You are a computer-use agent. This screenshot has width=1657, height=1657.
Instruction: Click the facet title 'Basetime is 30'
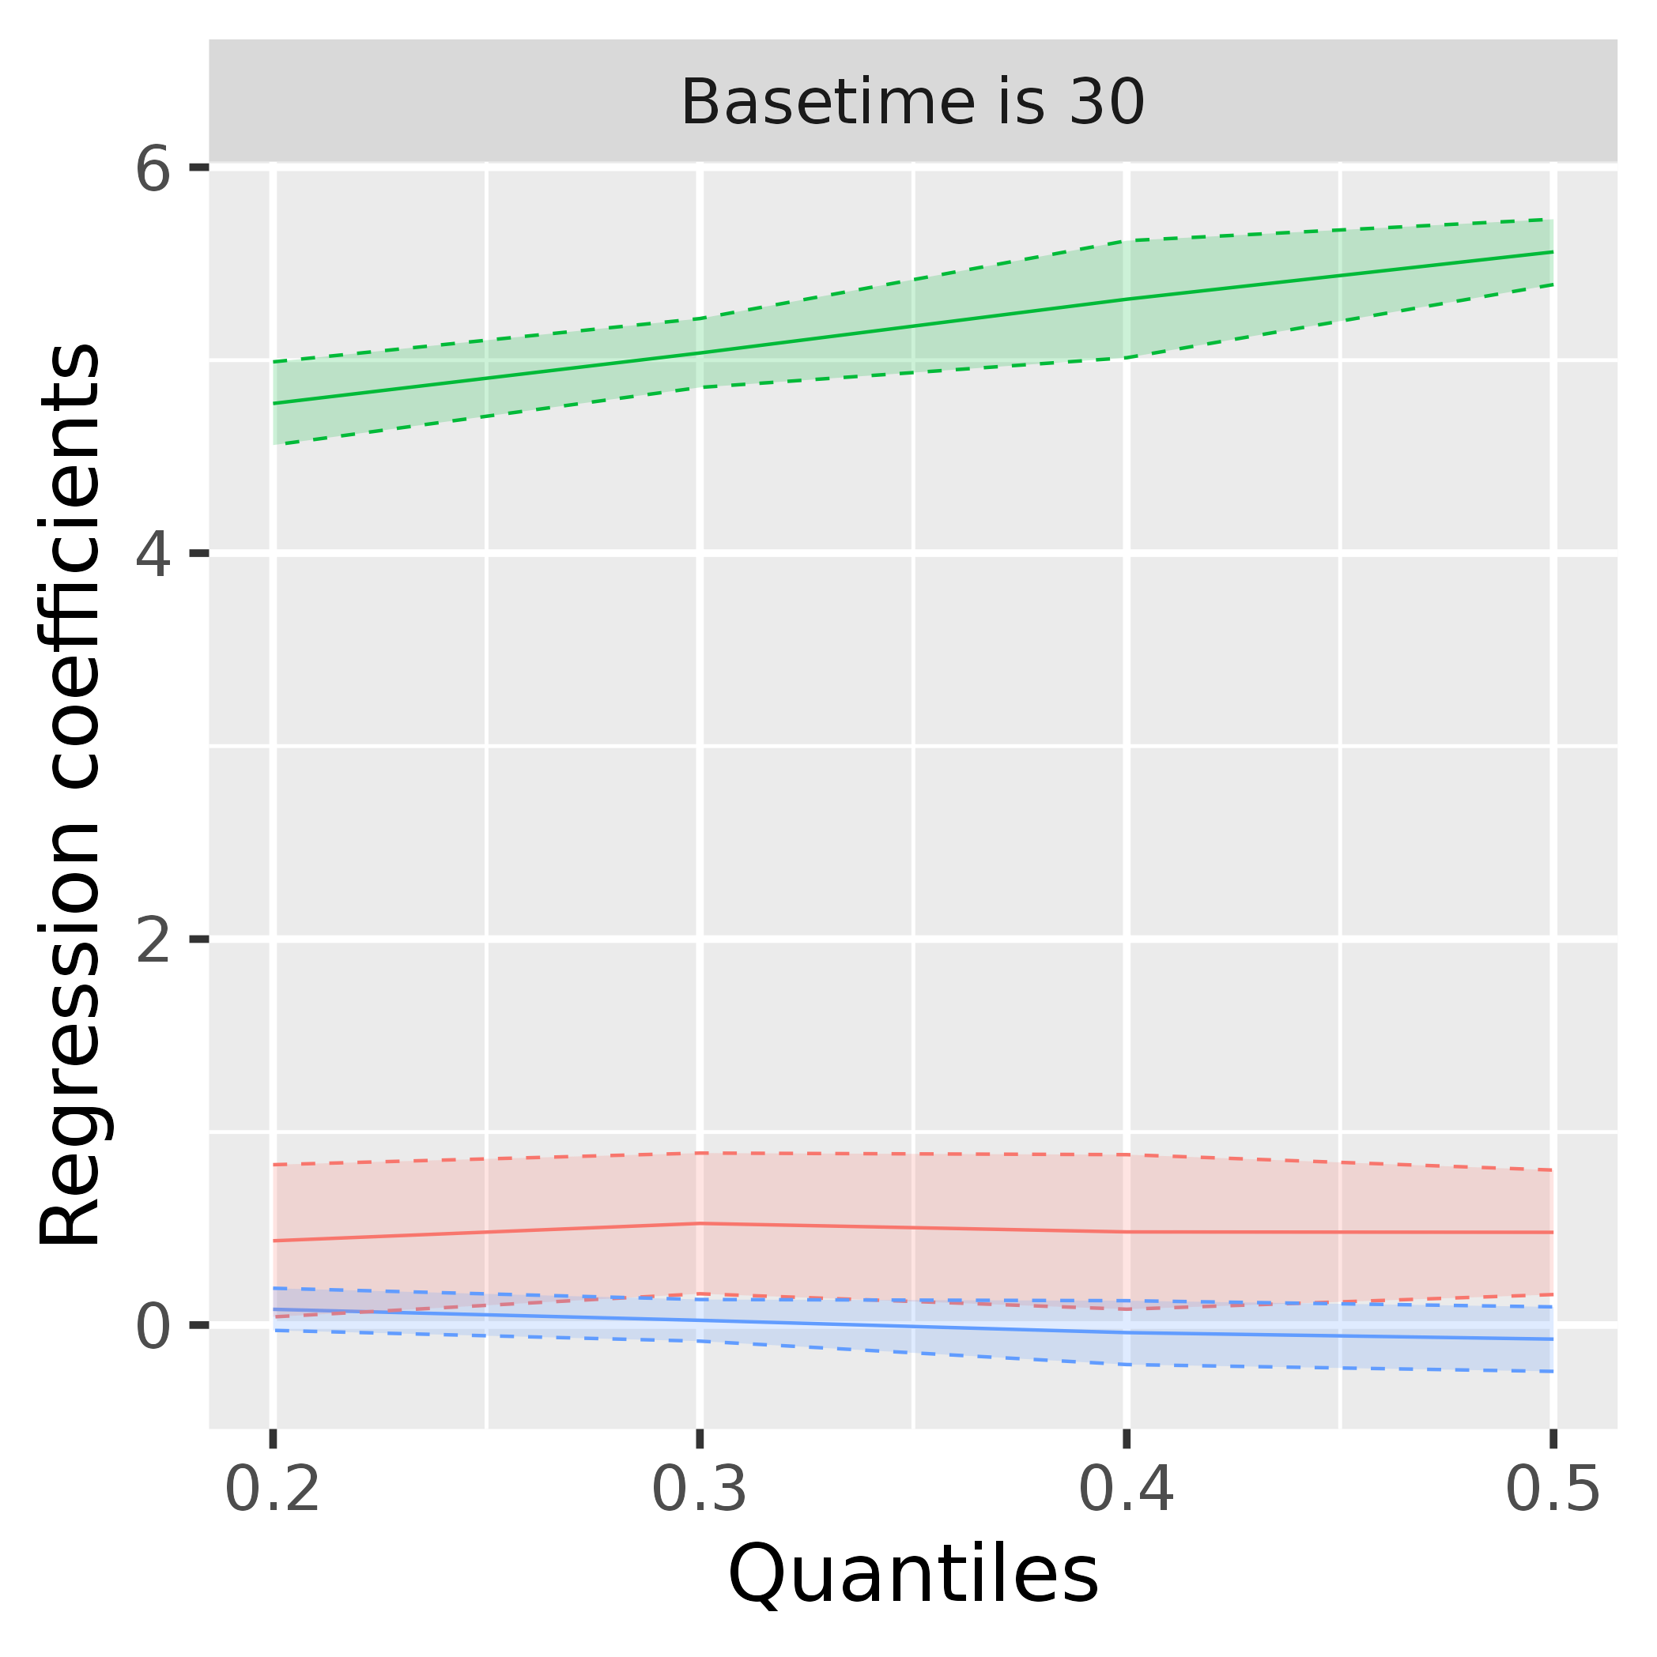(912, 103)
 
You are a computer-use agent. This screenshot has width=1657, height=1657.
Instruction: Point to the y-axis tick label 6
(153, 170)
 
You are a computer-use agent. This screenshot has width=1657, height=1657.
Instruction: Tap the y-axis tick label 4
(153, 554)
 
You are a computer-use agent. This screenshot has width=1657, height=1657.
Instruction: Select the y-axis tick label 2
(153, 941)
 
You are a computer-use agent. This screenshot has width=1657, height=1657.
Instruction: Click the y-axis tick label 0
(153, 1327)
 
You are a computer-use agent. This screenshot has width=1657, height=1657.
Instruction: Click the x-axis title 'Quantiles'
(912, 1576)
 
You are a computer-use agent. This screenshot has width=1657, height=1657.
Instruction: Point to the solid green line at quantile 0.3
(700, 352)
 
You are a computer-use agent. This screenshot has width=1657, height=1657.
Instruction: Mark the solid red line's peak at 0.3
(700, 1223)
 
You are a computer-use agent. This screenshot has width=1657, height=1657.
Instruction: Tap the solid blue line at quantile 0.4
(1127, 1332)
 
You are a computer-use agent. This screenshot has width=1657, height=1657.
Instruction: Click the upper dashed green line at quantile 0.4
(1127, 241)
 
